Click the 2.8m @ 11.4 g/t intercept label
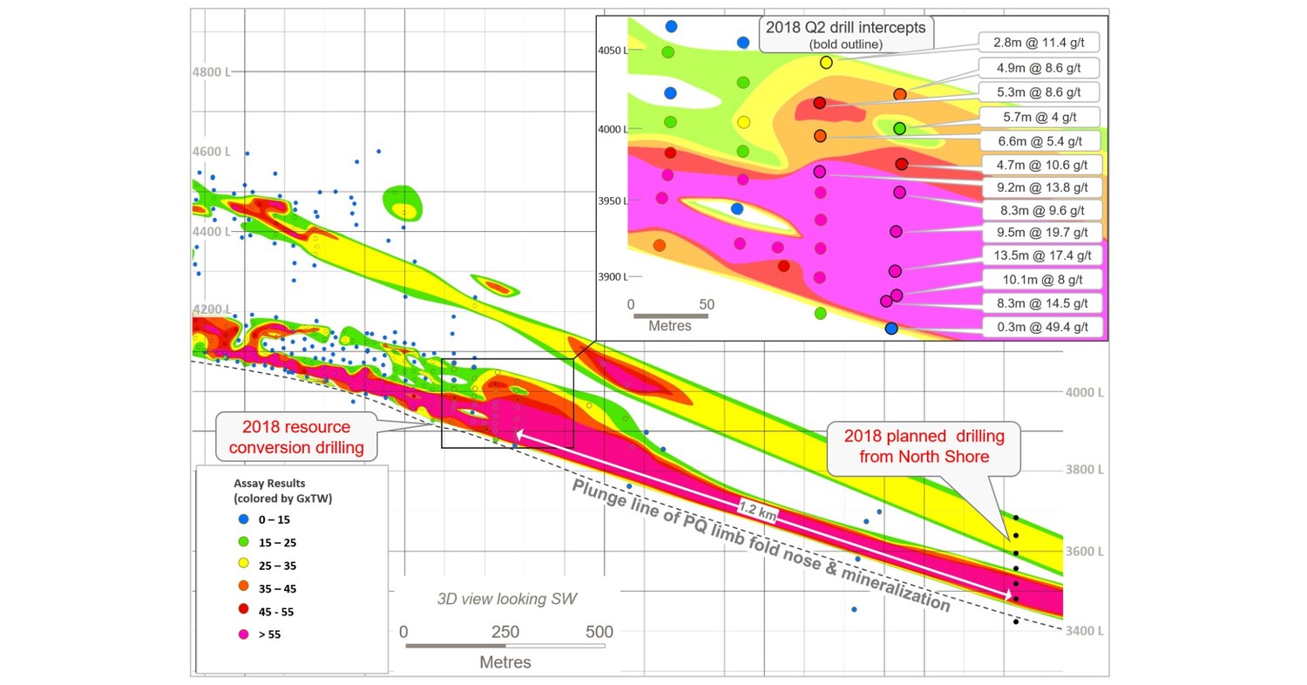click(1038, 42)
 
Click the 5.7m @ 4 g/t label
click(1039, 116)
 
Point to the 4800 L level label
click(211, 72)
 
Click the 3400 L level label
click(1084, 631)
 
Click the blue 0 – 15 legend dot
click(244, 519)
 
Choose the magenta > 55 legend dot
click(244, 634)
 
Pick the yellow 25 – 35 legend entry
click(269, 566)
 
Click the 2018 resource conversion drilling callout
click(296, 438)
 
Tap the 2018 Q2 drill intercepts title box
click(845, 33)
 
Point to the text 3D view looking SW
click(506, 599)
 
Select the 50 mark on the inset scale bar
click(707, 305)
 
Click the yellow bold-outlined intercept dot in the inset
click(826, 62)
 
